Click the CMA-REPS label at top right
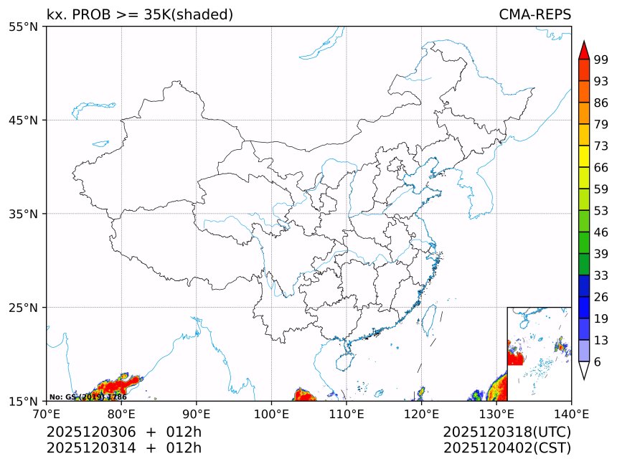point(534,14)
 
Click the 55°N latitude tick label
point(26,27)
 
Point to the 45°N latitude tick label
point(26,120)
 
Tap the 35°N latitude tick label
point(26,214)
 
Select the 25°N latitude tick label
point(26,308)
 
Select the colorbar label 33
point(601,275)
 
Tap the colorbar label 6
point(598,361)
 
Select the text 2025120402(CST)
point(507,448)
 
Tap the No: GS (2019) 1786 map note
point(88,397)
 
